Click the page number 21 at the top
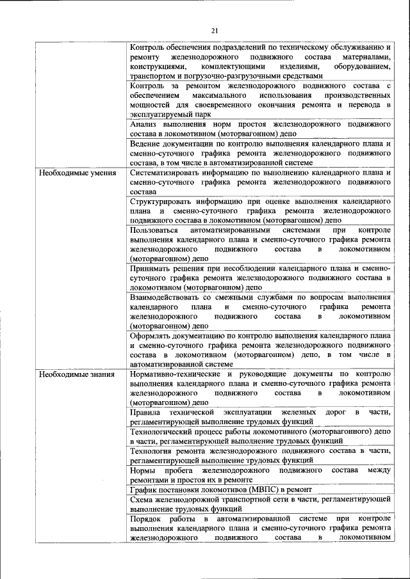[x=215, y=29]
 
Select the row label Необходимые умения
[x=77, y=173]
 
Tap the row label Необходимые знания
[x=77, y=374]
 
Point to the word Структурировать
[x=163, y=200]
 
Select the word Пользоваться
[x=155, y=230]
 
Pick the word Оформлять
[x=151, y=335]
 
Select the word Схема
[x=142, y=499]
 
